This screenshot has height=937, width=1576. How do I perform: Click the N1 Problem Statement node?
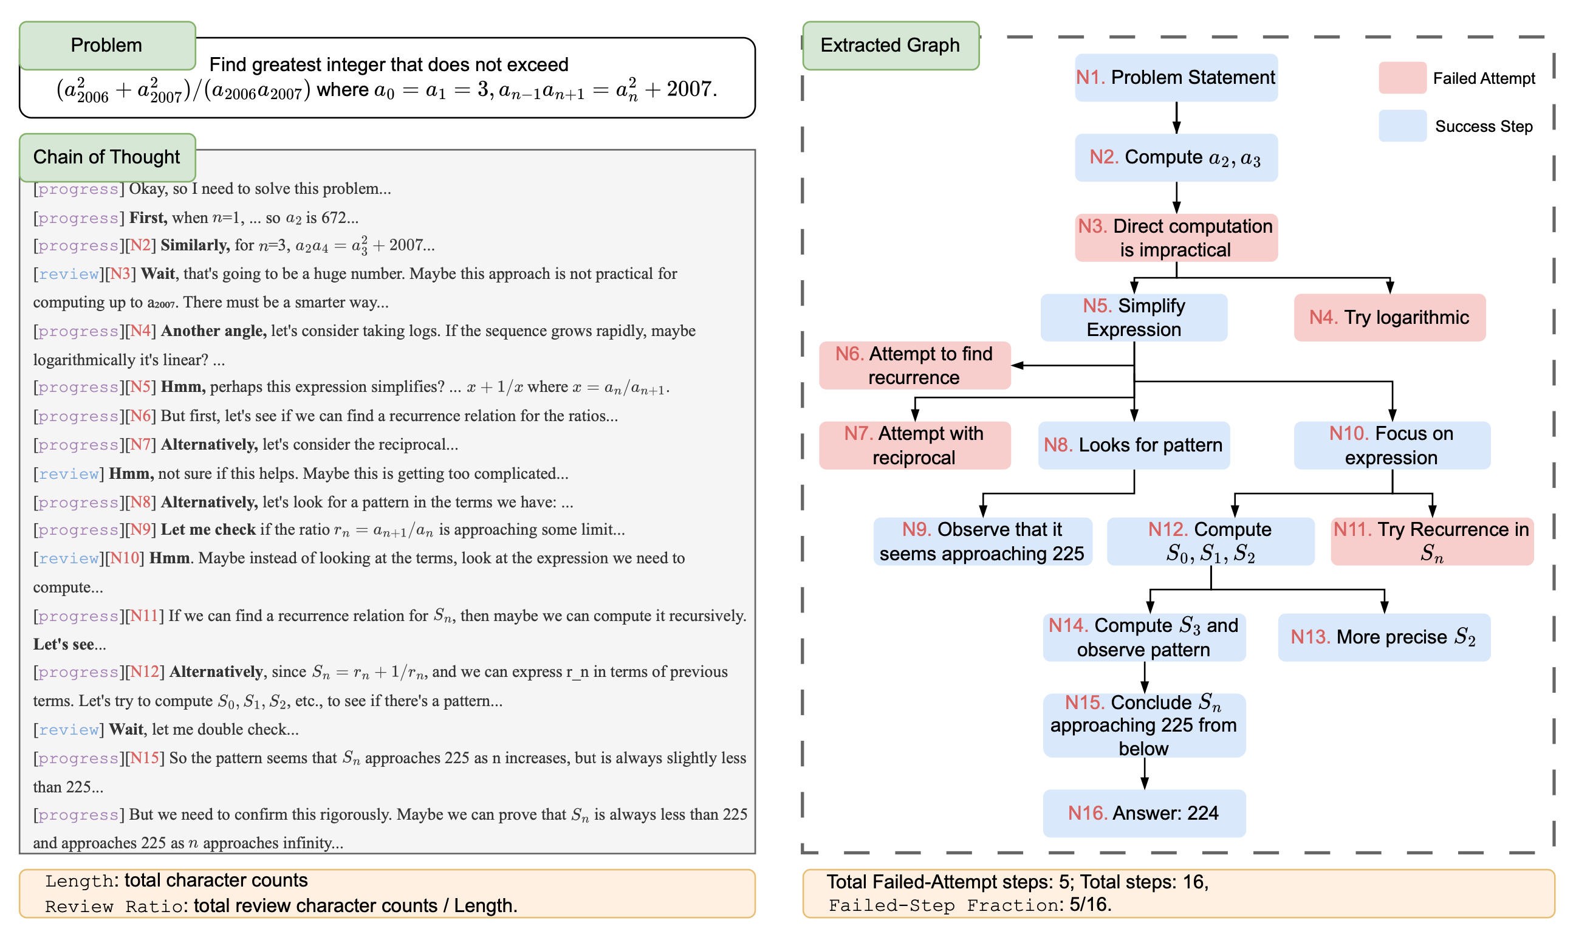[x=1176, y=77]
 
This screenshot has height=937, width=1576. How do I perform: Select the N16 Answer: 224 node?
[x=1143, y=812]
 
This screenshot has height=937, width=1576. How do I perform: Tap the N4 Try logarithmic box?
[x=1389, y=317]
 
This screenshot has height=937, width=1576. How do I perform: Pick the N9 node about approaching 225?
[x=982, y=541]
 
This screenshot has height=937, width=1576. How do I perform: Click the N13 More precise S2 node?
[x=1383, y=636]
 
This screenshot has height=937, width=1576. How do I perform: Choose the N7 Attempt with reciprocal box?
[x=914, y=445]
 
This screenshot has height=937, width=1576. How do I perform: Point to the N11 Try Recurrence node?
[x=1431, y=541]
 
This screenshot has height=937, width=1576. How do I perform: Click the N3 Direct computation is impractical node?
[x=1176, y=238]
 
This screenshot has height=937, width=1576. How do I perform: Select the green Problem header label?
[x=107, y=46]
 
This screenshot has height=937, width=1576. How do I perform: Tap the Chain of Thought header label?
[x=107, y=157]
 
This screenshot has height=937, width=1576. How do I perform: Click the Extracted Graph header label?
[x=890, y=46]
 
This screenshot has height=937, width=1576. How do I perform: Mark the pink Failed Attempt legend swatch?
[x=1402, y=78]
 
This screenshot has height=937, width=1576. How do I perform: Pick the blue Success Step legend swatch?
[x=1402, y=126]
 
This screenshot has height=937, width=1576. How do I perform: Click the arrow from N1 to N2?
[x=1176, y=117]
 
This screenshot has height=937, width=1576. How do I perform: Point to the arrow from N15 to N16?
[x=1144, y=773]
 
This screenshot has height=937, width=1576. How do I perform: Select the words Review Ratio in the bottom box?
[x=114, y=906]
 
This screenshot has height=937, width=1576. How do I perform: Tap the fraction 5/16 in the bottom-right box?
[x=1089, y=905]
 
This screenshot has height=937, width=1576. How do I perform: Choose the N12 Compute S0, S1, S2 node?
[x=1210, y=541]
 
